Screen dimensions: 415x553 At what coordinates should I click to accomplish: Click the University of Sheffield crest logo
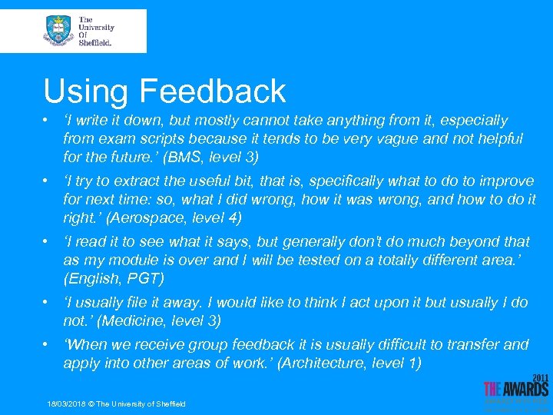[x=58, y=30]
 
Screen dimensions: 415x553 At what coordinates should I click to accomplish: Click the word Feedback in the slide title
[x=212, y=91]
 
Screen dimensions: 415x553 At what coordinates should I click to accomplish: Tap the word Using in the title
[x=86, y=91]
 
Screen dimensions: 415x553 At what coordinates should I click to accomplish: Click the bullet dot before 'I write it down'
[x=48, y=121]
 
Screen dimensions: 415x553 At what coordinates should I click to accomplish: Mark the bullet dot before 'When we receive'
[x=48, y=344]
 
